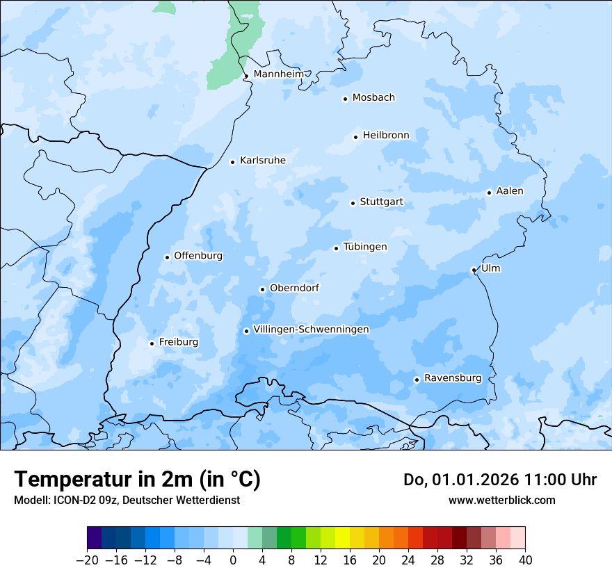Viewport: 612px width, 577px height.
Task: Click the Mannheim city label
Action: (279, 74)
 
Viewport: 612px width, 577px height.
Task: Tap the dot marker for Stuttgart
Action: (353, 203)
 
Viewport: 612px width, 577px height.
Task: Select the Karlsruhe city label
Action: (263, 161)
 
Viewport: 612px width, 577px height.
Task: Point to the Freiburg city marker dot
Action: (152, 343)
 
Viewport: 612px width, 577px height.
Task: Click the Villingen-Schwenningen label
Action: (311, 330)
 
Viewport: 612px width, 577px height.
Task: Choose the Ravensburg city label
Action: (453, 378)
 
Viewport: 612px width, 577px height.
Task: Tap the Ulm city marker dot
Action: (474, 270)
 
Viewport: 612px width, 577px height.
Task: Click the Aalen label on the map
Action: (510, 191)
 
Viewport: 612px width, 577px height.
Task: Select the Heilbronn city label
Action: (386, 136)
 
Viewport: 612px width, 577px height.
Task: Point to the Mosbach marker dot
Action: (345, 99)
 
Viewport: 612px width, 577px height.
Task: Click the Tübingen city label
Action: (365, 247)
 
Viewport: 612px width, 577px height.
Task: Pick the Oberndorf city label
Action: (294, 288)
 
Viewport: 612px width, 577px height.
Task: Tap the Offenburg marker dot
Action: (167, 257)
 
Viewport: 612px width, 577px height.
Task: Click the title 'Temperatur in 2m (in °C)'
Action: (137, 480)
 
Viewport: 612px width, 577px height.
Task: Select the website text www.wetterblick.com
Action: (501, 501)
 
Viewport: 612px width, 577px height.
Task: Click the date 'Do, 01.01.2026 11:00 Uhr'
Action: (499, 480)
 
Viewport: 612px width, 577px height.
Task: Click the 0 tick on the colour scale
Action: (233, 560)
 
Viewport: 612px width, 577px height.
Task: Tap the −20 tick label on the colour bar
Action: (87, 560)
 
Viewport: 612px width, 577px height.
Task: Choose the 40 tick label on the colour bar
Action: (525, 560)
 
